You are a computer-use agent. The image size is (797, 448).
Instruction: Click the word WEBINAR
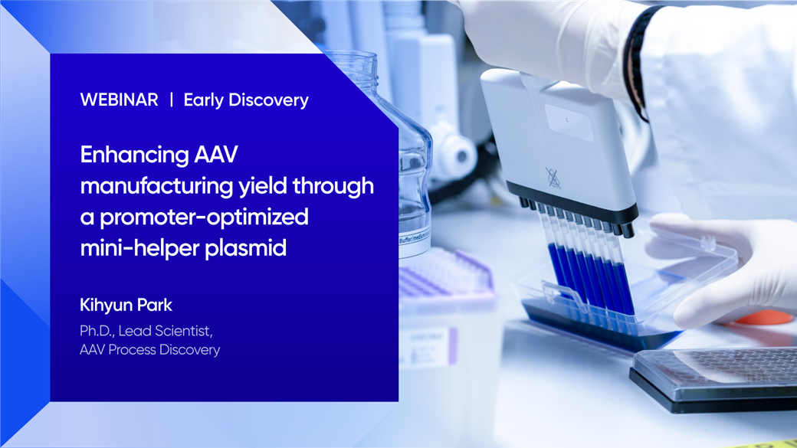(x=119, y=100)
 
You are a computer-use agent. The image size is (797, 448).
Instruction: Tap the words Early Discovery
(x=246, y=100)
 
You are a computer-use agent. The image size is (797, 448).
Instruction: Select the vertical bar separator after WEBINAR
(x=172, y=100)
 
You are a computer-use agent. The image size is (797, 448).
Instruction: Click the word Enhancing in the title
(x=134, y=155)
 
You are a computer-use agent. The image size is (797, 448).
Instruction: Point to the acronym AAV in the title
(x=216, y=154)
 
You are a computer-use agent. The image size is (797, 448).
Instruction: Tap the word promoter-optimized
(x=204, y=217)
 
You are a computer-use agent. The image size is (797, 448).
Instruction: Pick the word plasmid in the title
(x=245, y=248)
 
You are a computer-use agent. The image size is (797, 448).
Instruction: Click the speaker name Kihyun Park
(x=126, y=305)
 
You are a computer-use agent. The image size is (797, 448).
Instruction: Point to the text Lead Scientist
(x=166, y=331)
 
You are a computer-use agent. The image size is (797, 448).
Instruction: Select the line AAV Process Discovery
(x=150, y=350)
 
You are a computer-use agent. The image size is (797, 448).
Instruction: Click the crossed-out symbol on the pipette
(x=553, y=178)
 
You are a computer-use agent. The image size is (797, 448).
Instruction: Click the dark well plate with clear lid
(x=713, y=379)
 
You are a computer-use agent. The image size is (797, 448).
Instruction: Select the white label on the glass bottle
(x=415, y=244)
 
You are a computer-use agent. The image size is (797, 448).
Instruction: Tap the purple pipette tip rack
(x=444, y=274)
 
